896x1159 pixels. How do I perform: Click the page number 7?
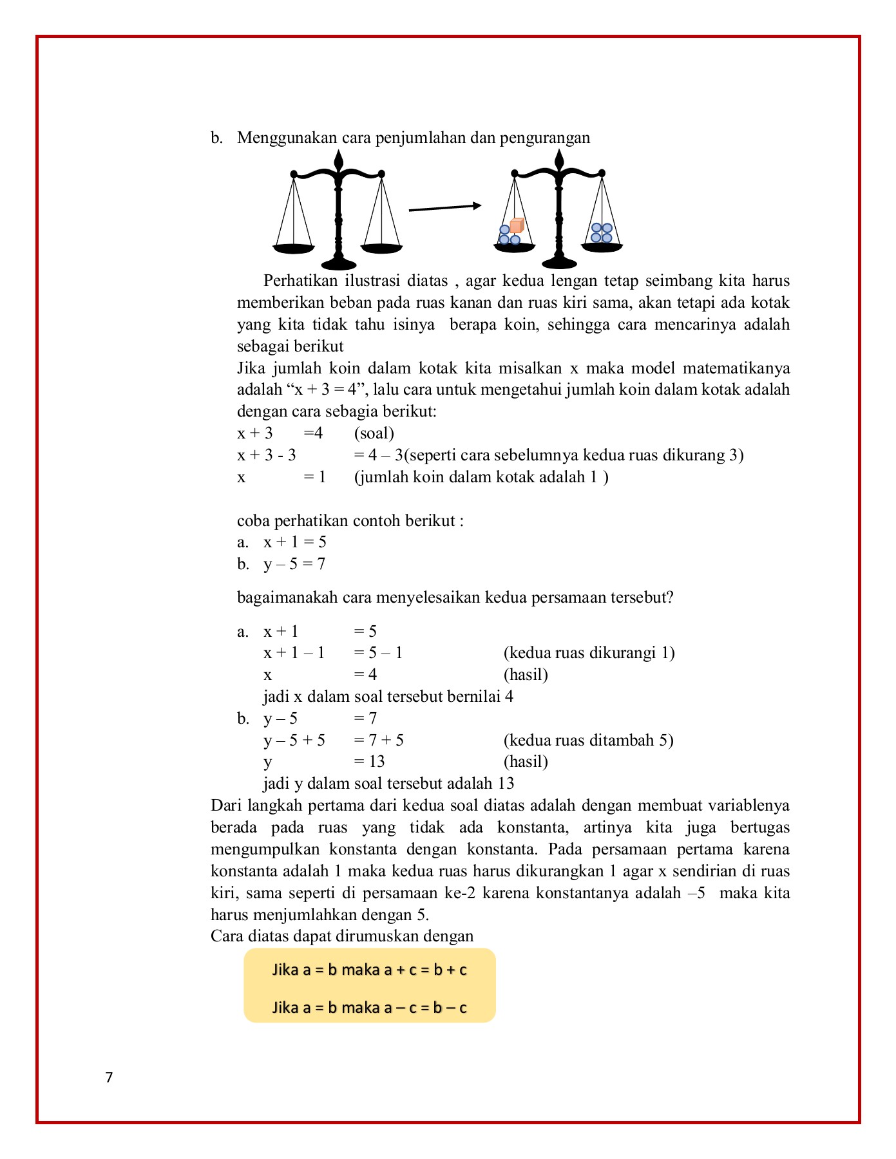(109, 1077)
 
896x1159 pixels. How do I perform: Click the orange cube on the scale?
(517, 226)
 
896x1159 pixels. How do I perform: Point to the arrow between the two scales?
(445, 207)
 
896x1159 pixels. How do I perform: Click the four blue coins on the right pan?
(602, 233)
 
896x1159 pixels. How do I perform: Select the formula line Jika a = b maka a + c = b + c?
(369, 970)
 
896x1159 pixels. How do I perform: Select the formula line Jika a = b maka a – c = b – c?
(369, 1007)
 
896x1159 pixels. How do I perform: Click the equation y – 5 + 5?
(294, 740)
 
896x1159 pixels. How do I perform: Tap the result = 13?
(369, 762)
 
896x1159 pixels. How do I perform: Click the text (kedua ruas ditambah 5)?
(588, 740)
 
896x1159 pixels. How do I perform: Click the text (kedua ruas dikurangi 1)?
(589, 653)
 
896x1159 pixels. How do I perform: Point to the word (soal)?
(374, 433)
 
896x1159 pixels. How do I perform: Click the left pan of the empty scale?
(294, 249)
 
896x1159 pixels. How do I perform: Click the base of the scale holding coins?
(559, 262)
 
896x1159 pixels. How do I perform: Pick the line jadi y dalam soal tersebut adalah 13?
(388, 784)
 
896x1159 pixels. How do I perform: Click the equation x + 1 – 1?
(294, 653)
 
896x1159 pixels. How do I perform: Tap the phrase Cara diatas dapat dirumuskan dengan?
(342, 936)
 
